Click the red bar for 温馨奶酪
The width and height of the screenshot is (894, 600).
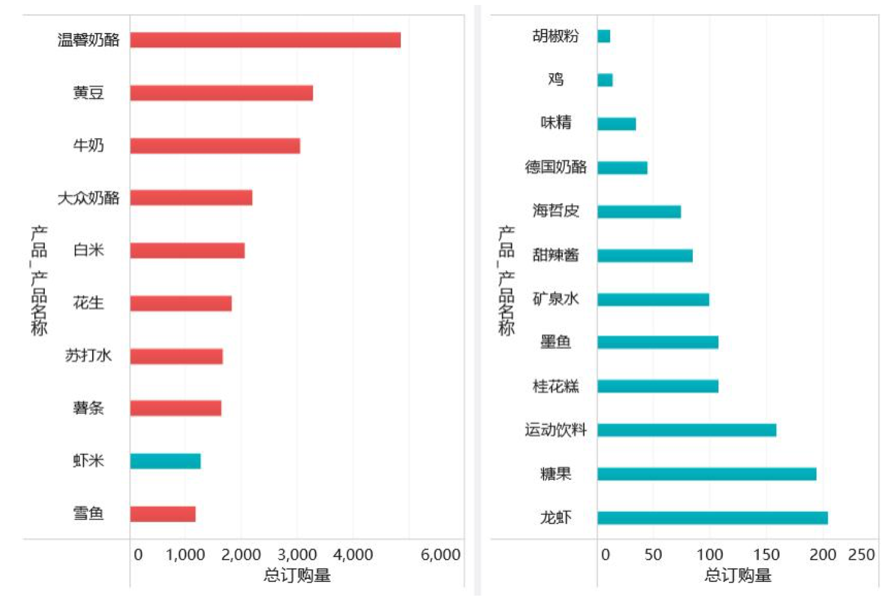point(265,40)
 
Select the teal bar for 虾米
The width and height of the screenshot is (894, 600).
point(165,461)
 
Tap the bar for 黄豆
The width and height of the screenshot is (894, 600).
point(221,93)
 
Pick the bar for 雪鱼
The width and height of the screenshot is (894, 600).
point(162,514)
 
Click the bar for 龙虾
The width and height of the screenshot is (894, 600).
point(712,518)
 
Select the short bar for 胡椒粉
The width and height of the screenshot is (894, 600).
point(603,36)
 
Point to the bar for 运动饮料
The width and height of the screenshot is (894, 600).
point(687,430)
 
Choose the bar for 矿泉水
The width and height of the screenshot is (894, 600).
point(653,299)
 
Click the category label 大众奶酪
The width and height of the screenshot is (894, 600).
point(88,199)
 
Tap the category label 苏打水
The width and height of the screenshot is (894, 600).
point(88,355)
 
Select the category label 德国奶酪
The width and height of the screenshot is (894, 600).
point(555,167)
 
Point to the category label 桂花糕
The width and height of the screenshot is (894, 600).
point(555,387)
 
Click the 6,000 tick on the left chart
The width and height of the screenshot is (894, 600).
point(440,555)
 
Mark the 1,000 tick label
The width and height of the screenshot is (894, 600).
point(186,555)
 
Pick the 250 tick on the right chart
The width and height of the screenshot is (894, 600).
point(861,555)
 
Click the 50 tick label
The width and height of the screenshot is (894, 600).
point(653,555)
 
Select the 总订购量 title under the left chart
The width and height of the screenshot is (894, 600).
point(297,575)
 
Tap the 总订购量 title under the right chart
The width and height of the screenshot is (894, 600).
point(738,575)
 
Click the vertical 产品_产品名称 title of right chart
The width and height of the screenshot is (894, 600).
point(506,280)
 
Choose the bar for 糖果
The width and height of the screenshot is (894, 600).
point(707,474)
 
